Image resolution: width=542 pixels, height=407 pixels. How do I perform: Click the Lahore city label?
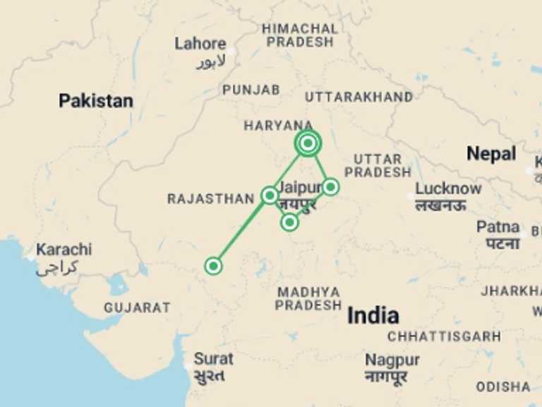[200, 44]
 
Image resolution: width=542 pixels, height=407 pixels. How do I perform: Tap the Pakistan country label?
[95, 101]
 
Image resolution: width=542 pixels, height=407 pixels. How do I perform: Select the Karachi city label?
[64, 249]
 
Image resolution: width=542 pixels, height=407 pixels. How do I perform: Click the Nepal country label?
[491, 153]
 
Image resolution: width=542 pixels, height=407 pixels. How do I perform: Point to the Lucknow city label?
[448, 189]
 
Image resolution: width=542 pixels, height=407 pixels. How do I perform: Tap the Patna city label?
[498, 228]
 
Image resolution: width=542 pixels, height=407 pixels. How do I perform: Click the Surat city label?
[213, 358]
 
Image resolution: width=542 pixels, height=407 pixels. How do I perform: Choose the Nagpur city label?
[392, 360]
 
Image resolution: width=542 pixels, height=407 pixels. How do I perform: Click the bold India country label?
[373, 315]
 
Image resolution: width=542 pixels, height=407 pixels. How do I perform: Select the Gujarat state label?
[137, 307]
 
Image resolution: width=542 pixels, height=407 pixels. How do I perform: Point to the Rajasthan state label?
[210, 199]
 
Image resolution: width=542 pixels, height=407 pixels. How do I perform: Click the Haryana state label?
[278, 126]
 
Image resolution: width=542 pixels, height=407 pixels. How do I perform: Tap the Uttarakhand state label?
[359, 97]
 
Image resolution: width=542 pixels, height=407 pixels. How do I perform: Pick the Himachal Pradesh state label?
[300, 35]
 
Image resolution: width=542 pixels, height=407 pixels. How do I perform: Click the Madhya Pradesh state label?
[308, 298]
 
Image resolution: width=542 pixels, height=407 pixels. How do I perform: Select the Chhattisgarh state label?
[444, 336]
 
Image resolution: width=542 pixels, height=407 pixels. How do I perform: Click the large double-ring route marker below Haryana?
[308, 143]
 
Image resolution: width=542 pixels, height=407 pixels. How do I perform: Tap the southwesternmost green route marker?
[213, 266]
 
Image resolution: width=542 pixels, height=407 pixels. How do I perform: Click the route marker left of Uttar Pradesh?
[330, 187]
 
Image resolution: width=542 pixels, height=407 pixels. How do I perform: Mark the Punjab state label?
[251, 90]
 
